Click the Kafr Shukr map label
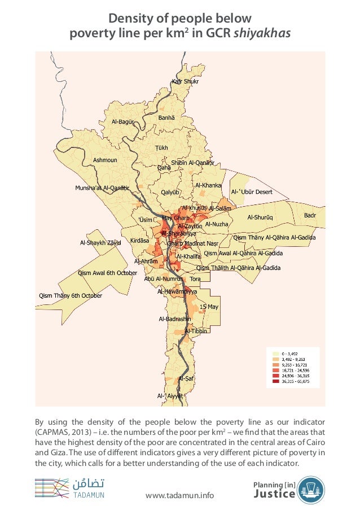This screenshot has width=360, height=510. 185,82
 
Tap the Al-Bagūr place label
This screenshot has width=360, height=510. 122,122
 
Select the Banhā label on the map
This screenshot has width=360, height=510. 166,118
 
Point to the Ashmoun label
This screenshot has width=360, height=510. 105,160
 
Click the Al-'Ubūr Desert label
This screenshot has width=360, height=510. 252,192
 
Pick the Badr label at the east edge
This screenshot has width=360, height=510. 310,215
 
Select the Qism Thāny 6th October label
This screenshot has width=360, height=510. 70,295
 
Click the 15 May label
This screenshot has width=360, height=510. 209,306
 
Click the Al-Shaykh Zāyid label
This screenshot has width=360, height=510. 100,243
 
